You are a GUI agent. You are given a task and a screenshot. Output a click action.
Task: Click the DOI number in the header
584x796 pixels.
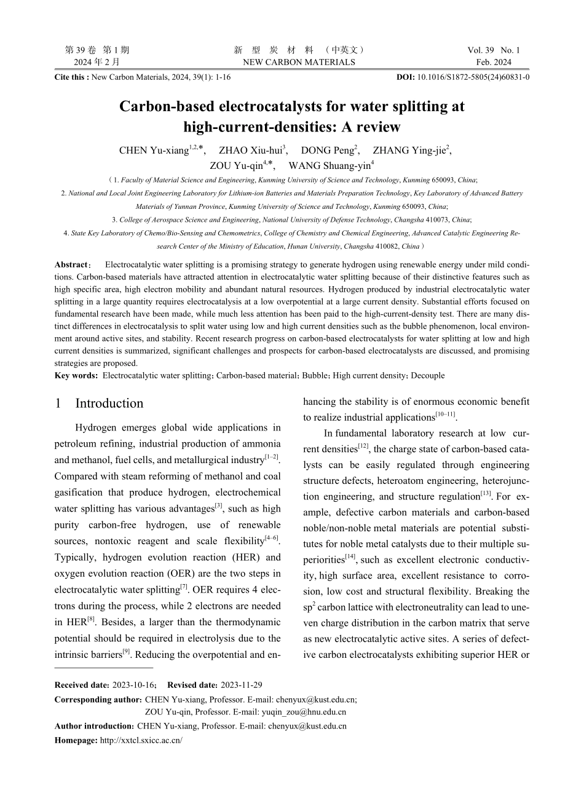point(473,78)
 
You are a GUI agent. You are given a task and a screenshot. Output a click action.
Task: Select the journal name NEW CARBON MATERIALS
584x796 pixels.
point(299,62)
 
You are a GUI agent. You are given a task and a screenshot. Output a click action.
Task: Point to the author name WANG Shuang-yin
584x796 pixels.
point(330,166)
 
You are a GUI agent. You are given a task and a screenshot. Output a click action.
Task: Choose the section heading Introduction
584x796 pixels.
point(109,404)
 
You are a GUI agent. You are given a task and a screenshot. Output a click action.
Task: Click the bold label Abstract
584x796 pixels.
point(71,265)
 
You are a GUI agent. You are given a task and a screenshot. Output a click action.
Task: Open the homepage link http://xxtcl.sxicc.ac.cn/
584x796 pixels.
point(141,741)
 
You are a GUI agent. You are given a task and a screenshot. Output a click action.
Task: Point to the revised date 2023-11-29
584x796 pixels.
point(241,685)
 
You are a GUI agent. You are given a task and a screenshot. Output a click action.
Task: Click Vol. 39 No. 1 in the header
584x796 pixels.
point(493,50)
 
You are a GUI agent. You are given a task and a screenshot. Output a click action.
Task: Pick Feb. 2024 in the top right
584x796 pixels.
point(494,62)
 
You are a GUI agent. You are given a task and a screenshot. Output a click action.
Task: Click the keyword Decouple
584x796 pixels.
point(428,375)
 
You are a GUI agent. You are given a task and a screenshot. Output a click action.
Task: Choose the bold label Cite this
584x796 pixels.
point(71,78)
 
